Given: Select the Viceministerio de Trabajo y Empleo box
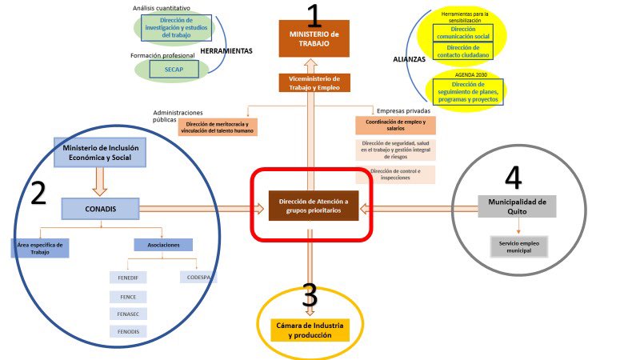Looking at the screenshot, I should [314, 82].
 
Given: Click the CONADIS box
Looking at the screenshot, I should [100, 210].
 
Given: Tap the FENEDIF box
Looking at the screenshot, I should [127, 278].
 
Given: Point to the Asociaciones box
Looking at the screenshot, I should [163, 245].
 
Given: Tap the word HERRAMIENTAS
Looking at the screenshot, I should [226, 50].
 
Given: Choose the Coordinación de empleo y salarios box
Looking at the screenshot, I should [395, 125].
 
